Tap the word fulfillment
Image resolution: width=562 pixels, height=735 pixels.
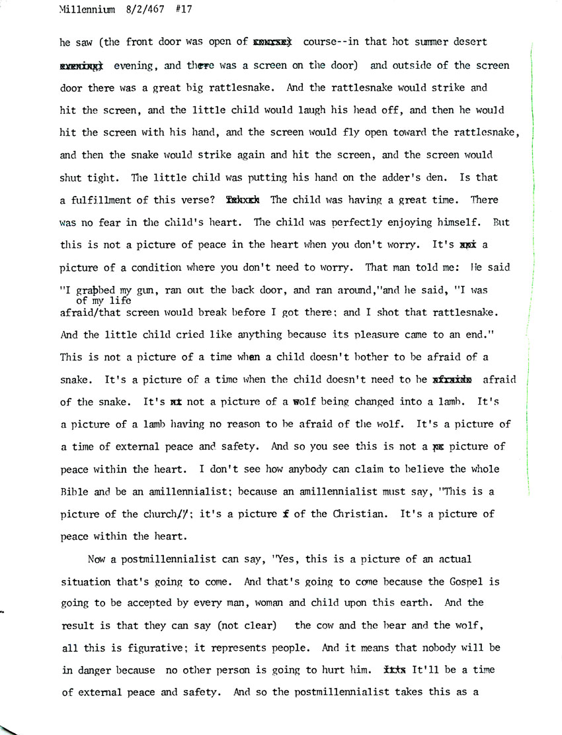99,201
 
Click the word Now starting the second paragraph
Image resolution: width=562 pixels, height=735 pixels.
97,560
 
